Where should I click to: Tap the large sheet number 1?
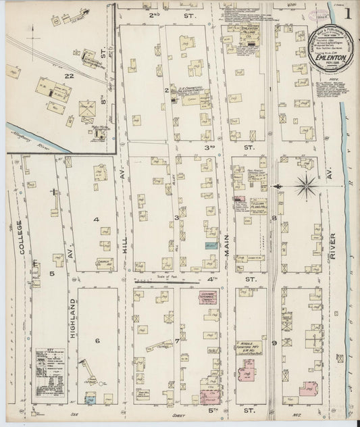(346, 13)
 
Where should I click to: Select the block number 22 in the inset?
(68, 76)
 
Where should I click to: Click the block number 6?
(97, 341)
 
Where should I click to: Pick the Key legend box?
(51, 376)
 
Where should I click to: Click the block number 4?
(97, 220)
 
